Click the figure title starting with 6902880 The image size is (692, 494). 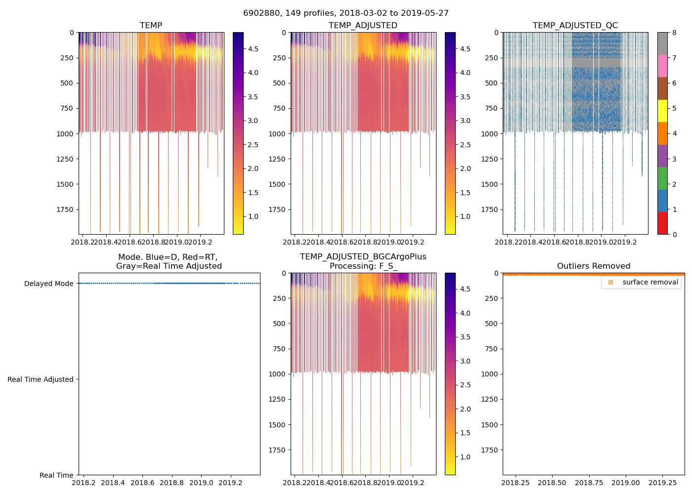(346, 13)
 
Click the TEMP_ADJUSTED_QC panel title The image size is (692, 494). (575, 25)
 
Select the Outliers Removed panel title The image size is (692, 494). (593, 266)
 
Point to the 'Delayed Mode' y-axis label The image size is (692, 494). (48, 284)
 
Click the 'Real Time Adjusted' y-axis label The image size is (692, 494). (40, 379)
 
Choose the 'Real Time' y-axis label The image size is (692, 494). (56, 475)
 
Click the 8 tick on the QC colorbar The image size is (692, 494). (674, 33)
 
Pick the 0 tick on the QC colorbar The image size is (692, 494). (674, 235)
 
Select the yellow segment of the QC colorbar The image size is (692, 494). (662, 111)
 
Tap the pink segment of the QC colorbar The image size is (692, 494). (662, 66)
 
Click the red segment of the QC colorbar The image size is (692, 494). (662, 223)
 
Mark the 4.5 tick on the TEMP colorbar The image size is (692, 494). (253, 49)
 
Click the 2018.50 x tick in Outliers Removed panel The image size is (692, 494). (552, 483)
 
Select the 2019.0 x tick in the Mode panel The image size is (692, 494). (201, 483)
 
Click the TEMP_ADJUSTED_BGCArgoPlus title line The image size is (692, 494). (363, 257)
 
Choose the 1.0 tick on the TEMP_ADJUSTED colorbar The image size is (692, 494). (465, 216)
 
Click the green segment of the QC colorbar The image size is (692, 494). (662, 178)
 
